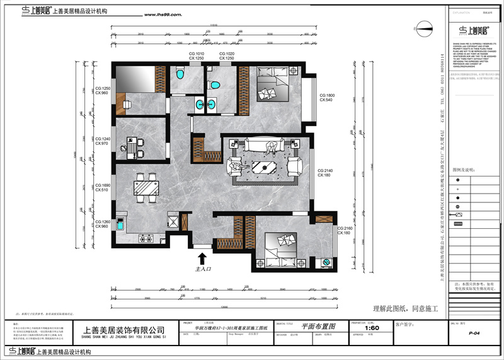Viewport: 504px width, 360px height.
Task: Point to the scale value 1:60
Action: point(372,328)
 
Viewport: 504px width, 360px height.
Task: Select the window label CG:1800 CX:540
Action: point(327,98)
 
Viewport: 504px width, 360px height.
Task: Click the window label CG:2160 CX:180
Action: point(346,230)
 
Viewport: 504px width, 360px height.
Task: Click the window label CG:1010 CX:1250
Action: point(197,56)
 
